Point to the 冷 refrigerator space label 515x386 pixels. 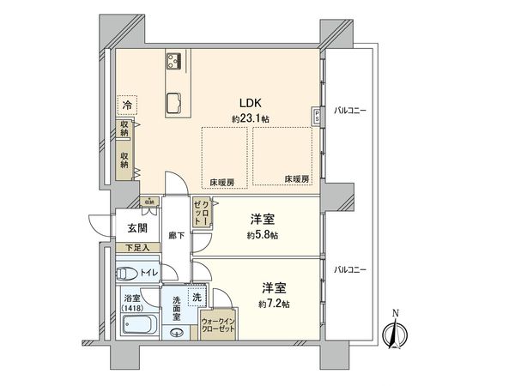127,105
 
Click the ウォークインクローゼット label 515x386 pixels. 220,325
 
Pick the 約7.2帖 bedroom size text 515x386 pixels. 274,304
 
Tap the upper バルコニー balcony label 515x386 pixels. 350,110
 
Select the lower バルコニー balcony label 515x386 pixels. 350,268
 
